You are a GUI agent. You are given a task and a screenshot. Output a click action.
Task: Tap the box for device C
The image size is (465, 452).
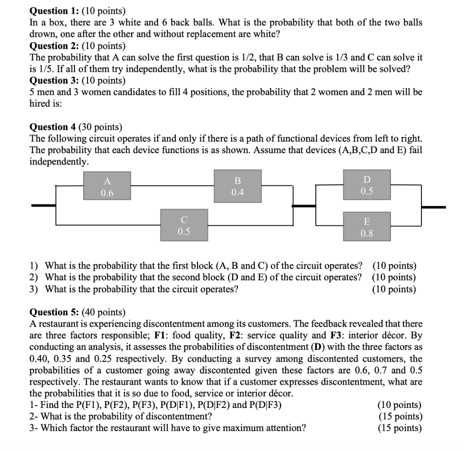click(184, 225)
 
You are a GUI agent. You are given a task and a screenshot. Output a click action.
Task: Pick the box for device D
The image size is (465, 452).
click(367, 185)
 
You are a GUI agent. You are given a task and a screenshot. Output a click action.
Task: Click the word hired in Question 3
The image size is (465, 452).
click(40, 104)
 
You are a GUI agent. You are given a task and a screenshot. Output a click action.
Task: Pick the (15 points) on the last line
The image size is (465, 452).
click(400, 428)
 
